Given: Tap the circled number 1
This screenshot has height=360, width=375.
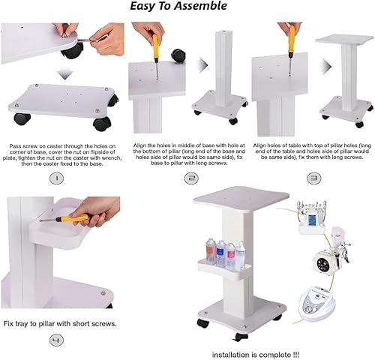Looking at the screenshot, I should (x=56, y=178).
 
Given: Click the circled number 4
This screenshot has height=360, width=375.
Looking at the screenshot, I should (x=56, y=341).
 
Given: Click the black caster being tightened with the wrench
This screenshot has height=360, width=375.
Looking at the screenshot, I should (x=73, y=51).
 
